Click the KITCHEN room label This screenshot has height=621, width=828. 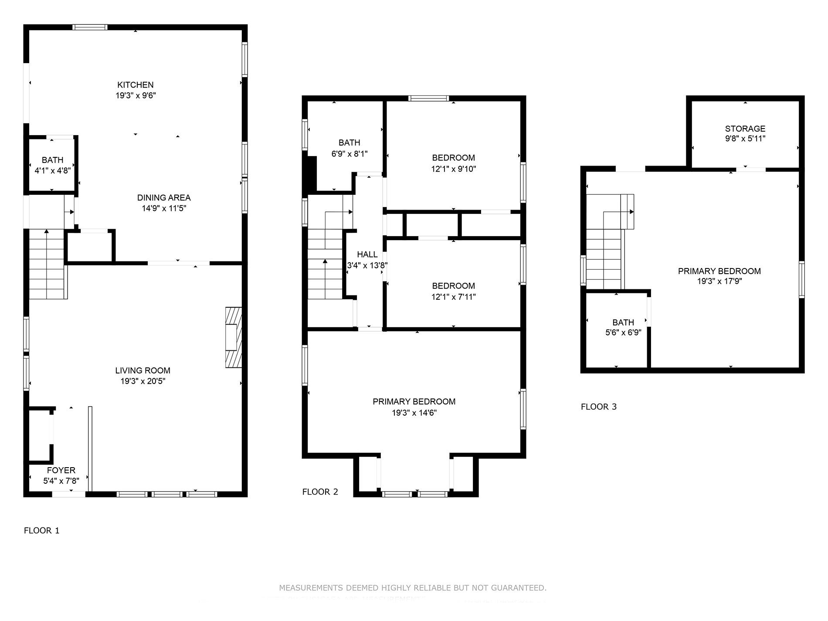[x=136, y=85]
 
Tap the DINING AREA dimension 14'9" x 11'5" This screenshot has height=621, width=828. [x=164, y=208]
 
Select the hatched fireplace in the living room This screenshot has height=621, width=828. [x=233, y=337]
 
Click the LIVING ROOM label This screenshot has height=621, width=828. [x=143, y=370]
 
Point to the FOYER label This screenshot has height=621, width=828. [x=61, y=470]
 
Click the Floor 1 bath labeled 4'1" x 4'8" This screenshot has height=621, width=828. [x=52, y=165]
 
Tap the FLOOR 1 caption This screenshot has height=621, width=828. [x=41, y=530]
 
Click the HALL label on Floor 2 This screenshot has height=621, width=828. [x=367, y=255]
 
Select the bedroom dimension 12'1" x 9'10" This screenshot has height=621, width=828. [x=453, y=169]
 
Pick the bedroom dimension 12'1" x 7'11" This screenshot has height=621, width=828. [x=453, y=297]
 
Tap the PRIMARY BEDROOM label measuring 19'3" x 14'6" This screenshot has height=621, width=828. [x=414, y=407]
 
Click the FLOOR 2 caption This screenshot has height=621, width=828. [x=320, y=492]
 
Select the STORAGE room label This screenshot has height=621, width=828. [x=745, y=129]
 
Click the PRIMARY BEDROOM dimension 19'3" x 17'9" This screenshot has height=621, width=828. [x=719, y=282]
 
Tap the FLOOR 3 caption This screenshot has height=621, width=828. [x=598, y=407]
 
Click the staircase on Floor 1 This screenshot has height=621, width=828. [x=47, y=265]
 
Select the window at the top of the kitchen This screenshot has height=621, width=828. [x=90, y=27]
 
